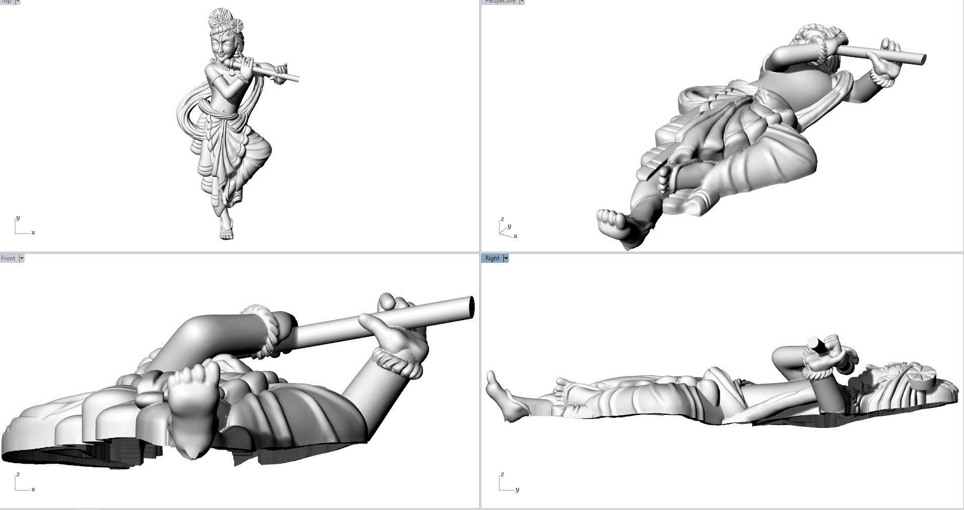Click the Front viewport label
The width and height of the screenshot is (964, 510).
tap(8, 258)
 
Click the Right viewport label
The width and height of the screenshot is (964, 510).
tap(492, 258)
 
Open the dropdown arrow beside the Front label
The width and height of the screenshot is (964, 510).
tap(22, 258)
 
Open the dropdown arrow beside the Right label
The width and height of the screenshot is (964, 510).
tap(506, 258)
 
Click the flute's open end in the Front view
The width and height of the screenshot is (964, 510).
tap(472, 307)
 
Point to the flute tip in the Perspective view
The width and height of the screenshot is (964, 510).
tap(922, 59)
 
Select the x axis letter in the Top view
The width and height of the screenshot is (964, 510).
tap(33, 233)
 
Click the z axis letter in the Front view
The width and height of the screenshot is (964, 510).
tap(18, 474)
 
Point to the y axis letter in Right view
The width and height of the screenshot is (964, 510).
tap(517, 489)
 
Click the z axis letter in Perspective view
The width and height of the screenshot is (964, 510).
tap(502, 220)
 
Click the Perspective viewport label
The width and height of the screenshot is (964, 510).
tap(500, 2)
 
